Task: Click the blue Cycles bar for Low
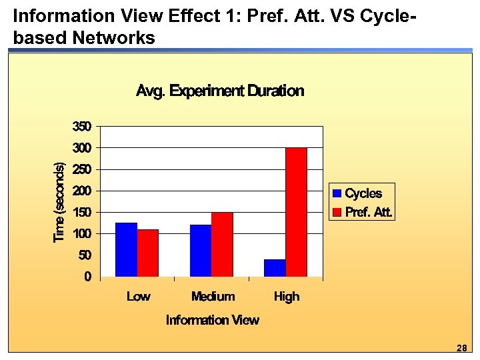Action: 126,249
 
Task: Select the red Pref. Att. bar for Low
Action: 147,253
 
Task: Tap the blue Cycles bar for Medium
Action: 201,251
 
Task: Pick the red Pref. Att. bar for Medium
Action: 222,244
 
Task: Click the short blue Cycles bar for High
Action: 275,268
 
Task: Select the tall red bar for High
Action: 296,212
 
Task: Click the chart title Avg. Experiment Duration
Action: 220,91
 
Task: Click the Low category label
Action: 138,297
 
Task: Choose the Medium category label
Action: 213,297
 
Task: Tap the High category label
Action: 287,297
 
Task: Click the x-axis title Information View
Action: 212,321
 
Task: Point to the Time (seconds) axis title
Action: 59,203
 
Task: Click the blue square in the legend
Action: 337,194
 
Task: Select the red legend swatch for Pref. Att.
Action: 337,213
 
